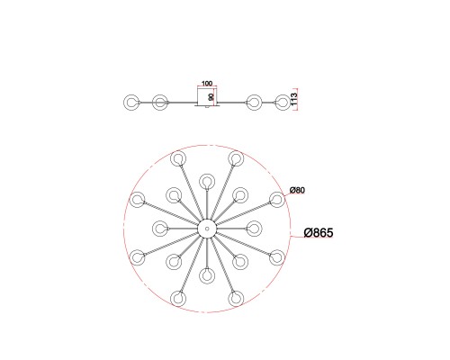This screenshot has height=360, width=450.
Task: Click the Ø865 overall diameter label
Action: point(319,233)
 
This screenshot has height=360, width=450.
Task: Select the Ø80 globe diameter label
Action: point(297,190)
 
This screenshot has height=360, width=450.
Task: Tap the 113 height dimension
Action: point(294,99)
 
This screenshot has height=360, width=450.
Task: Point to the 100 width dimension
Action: point(206,83)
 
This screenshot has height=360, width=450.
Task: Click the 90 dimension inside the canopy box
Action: point(211,97)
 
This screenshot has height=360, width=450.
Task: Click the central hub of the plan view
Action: point(207,229)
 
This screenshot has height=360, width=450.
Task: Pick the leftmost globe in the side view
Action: point(131,103)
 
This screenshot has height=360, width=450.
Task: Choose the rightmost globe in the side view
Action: point(283,103)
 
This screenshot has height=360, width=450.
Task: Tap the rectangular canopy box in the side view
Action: point(207,96)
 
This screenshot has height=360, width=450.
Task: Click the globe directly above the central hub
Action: point(207,181)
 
